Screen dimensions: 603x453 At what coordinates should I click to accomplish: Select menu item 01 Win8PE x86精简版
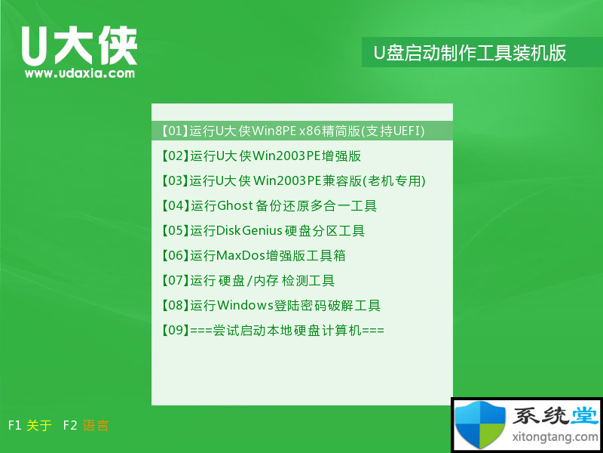293,131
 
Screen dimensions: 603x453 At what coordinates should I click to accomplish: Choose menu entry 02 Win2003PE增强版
261,156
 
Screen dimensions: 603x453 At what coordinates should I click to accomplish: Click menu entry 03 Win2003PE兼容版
293,180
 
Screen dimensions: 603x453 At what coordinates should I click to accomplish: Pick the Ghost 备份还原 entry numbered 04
269,205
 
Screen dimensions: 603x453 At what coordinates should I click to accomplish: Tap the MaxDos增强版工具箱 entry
253,256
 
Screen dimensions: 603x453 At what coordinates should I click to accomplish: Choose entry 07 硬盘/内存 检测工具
248,280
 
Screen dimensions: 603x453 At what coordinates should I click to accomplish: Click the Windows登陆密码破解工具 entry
271,306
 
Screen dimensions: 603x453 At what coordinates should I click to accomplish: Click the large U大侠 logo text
79,46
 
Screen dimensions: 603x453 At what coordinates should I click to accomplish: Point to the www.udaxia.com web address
80,73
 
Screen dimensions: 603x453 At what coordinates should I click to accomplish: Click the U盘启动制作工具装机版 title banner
470,53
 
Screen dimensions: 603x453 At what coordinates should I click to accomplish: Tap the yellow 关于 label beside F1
39,425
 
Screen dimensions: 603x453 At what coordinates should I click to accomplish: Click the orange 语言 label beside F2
96,425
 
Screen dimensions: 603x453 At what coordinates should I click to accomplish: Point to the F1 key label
14,425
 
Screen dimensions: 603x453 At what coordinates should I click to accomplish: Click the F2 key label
70,425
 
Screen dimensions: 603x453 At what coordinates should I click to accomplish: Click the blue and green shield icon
480,424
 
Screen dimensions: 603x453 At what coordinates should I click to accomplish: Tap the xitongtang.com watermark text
556,437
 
